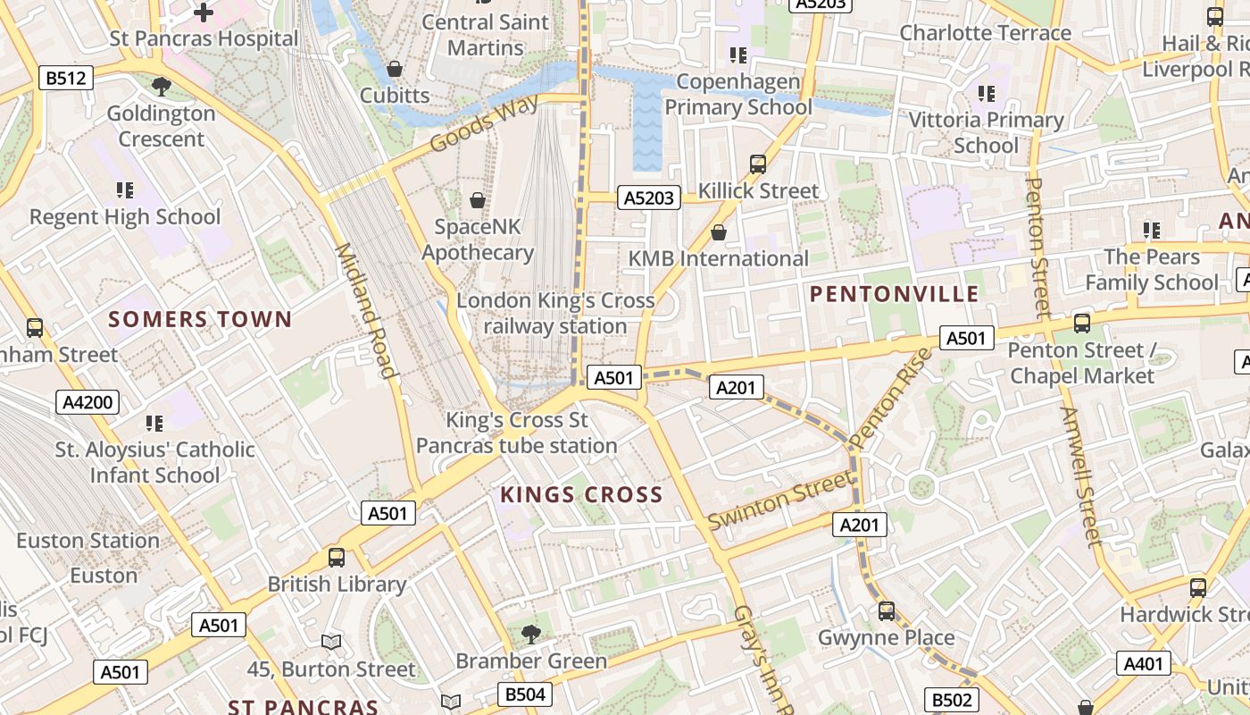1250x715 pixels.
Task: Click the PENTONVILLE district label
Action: (x=894, y=294)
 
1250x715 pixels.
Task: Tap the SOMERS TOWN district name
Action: (x=200, y=319)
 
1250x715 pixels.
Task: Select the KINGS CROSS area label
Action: (x=581, y=494)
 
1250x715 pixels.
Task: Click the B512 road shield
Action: (x=67, y=79)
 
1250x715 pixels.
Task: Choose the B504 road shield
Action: (x=524, y=694)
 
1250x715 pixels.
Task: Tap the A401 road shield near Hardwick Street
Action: (x=1144, y=663)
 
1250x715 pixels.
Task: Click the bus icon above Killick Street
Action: (x=758, y=164)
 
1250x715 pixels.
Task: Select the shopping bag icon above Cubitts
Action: (x=394, y=69)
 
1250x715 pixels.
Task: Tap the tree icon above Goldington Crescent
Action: (x=162, y=87)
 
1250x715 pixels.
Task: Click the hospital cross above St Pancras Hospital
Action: (x=204, y=13)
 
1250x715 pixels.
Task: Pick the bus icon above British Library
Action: (x=337, y=557)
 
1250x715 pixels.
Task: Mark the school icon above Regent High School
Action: (x=125, y=189)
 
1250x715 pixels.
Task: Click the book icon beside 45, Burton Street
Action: (x=331, y=642)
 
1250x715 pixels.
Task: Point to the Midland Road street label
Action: (x=364, y=310)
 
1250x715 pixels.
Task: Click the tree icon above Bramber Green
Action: (x=531, y=634)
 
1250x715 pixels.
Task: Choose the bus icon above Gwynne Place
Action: (x=887, y=610)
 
